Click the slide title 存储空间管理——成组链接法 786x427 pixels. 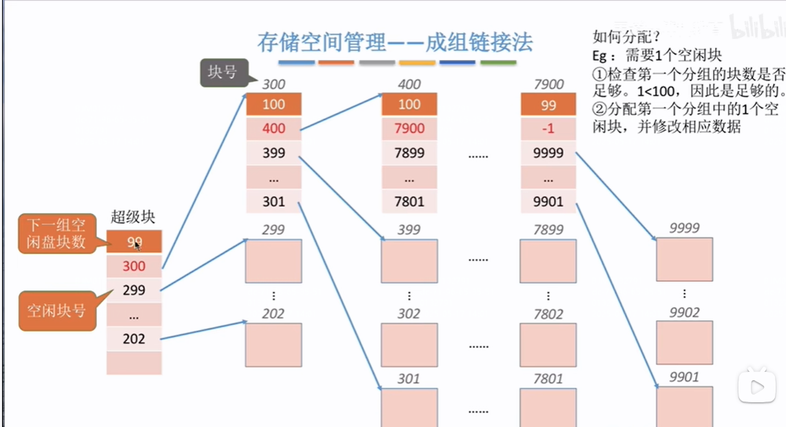coord(395,43)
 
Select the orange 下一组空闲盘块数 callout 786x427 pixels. coord(56,234)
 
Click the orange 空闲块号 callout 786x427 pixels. coord(56,311)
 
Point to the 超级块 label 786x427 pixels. coord(133,217)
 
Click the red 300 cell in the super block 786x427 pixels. coord(134,266)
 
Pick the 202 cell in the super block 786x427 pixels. coord(134,339)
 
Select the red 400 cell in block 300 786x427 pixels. coord(273,129)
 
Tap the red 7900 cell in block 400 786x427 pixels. coord(409,129)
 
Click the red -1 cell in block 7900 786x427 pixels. coord(548,129)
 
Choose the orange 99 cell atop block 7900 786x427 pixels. coord(548,105)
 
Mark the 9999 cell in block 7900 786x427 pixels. coord(548,153)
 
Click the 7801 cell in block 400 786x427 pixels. coord(409,202)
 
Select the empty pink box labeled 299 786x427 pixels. coord(273,261)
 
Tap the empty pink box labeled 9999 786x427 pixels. coord(684,260)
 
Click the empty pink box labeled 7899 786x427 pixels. coord(548,261)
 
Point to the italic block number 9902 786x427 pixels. coord(684,313)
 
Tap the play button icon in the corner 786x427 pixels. coord(756,386)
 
